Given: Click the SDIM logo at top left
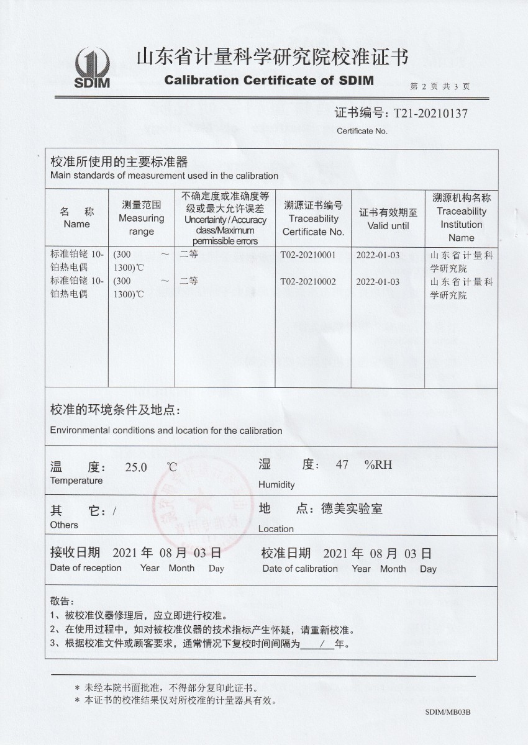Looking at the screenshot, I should click(x=91, y=68).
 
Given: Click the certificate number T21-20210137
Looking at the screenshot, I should click(x=427, y=114).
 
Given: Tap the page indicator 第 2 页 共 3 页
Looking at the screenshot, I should click(x=440, y=87).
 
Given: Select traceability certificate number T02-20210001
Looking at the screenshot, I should click(x=308, y=255).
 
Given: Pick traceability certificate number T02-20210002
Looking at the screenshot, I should click(x=308, y=282).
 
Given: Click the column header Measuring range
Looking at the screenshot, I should click(x=141, y=218).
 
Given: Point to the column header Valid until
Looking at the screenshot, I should click(x=388, y=219).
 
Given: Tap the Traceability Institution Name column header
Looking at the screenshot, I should click(x=462, y=217).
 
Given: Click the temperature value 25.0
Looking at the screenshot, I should click(x=136, y=467).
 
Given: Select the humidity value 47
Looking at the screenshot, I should click(x=342, y=464).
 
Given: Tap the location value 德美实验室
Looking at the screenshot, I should click(x=352, y=509).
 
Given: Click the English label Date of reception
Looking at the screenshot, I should click(x=86, y=568).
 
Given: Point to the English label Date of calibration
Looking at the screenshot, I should click(x=300, y=569).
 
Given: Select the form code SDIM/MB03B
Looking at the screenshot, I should click(x=448, y=713).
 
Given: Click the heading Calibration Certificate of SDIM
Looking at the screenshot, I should click(x=269, y=80).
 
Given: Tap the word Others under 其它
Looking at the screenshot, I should click(x=64, y=525).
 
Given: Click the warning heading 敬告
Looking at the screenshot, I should click(x=61, y=602).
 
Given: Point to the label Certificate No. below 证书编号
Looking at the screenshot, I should click(x=362, y=131).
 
